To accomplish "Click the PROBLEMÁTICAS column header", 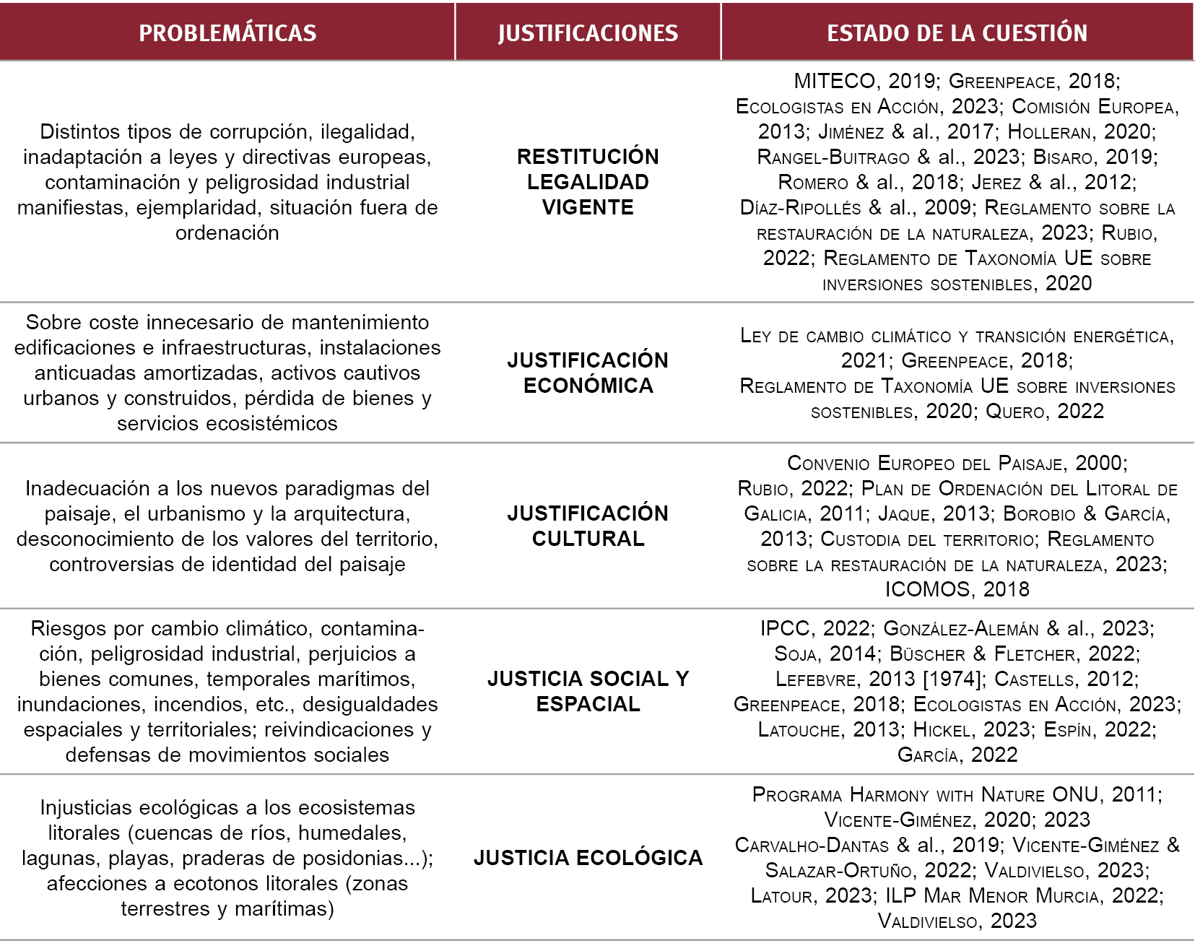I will coord(227,32).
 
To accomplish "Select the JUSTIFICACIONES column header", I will coord(588,32).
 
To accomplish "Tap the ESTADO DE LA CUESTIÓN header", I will coord(957,32).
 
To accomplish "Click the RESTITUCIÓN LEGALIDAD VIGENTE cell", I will coord(588,182).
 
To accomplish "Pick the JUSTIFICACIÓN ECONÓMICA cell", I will coord(588,373).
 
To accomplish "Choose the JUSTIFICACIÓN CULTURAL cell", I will coord(588,526).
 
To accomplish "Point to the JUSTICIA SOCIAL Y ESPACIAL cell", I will coord(588,691).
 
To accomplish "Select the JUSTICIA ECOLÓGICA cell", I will coord(588,858).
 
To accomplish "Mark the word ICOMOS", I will coord(927,589).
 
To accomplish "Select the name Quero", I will coord(1015,412).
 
